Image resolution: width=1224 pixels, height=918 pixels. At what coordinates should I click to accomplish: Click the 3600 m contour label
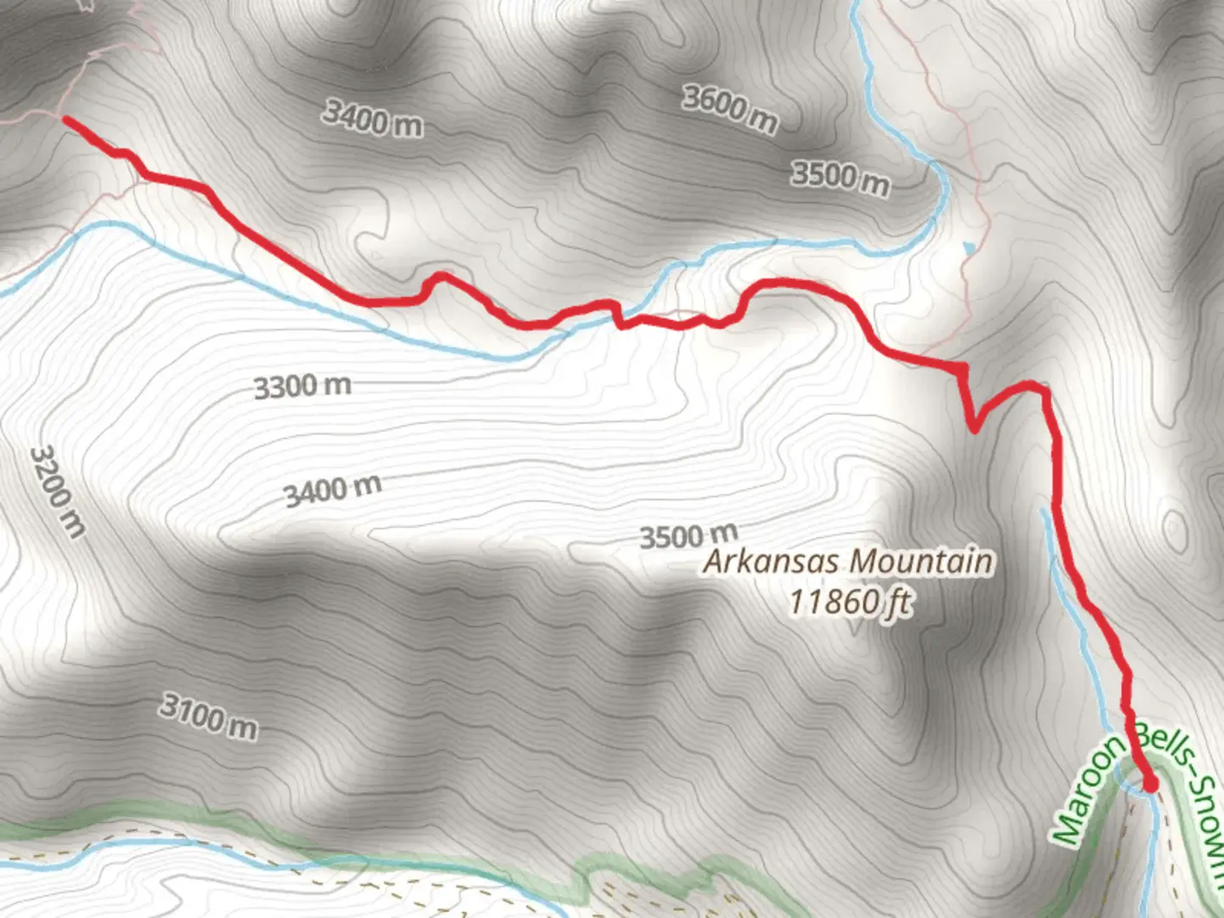click(x=729, y=109)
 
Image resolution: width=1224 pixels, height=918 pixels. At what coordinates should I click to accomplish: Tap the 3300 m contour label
click(x=303, y=387)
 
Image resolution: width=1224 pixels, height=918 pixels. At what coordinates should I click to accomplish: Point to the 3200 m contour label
click(x=57, y=491)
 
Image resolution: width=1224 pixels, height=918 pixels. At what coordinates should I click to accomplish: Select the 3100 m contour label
click(x=208, y=717)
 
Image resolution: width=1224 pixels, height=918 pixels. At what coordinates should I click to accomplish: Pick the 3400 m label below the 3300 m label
click(x=332, y=490)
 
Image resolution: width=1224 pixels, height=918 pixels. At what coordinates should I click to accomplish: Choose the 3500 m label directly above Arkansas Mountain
click(x=688, y=536)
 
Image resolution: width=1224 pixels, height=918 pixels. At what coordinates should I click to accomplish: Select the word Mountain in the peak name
click(x=921, y=562)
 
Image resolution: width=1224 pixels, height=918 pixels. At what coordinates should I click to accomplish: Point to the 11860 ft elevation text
click(x=850, y=602)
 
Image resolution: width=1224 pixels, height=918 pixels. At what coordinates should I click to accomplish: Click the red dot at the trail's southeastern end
click(x=1150, y=784)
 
